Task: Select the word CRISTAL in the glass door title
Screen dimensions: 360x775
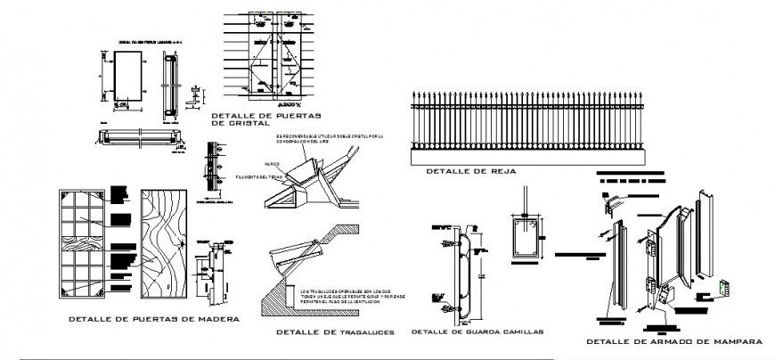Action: point(238,124)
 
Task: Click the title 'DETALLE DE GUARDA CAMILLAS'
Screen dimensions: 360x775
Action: point(477,332)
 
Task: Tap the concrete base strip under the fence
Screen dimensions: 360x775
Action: point(525,156)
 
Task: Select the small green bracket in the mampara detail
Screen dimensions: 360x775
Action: point(722,289)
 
